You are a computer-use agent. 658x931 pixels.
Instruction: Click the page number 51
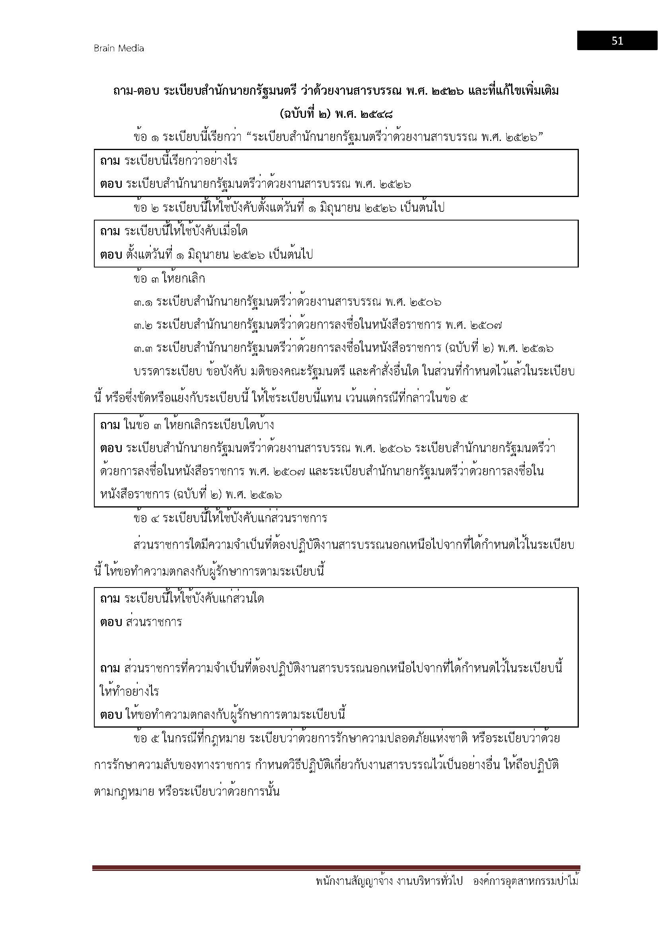pyautogui.click(x=617, y=41)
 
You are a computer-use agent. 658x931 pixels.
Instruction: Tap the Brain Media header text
pyautogui.click(x=119, y=48)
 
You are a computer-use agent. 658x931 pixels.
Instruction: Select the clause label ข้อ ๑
pyautogui.click(x=146, y=137)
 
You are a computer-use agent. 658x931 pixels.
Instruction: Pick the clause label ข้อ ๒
pyautogui.click(x=146, y=208)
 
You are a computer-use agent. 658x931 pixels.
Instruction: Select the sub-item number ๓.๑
pyautogui.click(x=143, y=303)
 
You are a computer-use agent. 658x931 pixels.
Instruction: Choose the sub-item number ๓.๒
pyautogui.click(x=143, y=326)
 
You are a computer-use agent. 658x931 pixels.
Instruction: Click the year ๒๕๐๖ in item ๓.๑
pyautogui.click(x=425, y=303)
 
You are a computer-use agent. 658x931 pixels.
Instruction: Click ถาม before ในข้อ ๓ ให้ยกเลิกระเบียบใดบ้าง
pyautogui.click(x=110, y=425)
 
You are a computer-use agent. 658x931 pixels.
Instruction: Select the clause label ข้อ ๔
pyautogui.click(x=146, y=518)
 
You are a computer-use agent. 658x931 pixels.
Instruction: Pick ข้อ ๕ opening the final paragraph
pyautogui.click(x=146, y=739)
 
